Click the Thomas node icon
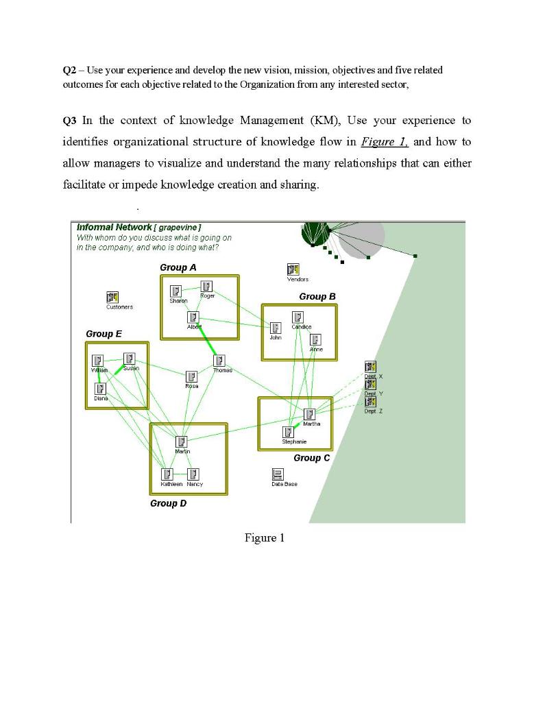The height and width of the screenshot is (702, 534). click(x=219, y=361)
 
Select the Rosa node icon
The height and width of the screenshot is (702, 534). click(x=192, y=376)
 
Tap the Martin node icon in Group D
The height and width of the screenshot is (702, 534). click(x=182, y=442)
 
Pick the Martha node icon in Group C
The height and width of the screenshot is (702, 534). click(x=310, y=414)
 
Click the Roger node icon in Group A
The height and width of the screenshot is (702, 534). click(x=206, y=287)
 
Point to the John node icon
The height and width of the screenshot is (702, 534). click(x=276, y=328)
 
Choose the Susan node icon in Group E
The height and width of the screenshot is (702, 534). click(x=129, y=359)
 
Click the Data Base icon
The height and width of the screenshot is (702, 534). click(x=278, y=474)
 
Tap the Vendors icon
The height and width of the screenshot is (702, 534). click(x=293, y=270)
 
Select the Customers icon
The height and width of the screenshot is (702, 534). click(x=112, y=298)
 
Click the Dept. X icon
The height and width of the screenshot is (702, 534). click(x=370, y=367)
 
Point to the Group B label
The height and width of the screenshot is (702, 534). click(x=317, y=296)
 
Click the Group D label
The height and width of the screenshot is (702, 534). click(x=169, y=503)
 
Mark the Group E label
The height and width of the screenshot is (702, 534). click(x=104, y=333)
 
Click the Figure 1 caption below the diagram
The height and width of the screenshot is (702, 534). click(x=265, y=538)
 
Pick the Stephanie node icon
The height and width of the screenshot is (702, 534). click(x=289, y=432)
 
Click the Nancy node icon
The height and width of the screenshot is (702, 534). click(x=193, y=474)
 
